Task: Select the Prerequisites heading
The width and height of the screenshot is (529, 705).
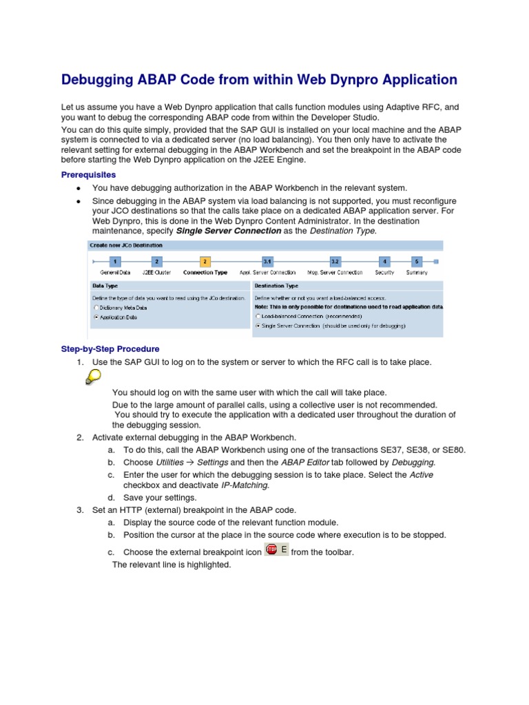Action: point(89,175)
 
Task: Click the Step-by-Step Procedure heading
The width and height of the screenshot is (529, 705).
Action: point(110,349)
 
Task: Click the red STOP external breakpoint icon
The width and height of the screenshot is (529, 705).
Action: point(271,549)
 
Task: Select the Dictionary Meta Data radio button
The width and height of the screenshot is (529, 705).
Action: point(96,307)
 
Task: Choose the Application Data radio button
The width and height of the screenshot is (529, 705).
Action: point(96,317)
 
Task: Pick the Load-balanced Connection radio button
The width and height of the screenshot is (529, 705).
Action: point(258,315)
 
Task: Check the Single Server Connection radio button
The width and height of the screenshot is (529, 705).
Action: point(258,325)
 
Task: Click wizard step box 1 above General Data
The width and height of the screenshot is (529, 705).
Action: point(115,262)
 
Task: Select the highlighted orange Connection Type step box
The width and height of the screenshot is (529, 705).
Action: point(205,262)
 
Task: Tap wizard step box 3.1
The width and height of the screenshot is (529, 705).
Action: point(267,262)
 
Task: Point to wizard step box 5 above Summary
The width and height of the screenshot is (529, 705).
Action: point(416,262)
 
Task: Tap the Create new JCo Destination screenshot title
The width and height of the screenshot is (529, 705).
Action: point(125,245)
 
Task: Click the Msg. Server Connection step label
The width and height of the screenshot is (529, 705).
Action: point(335,273)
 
